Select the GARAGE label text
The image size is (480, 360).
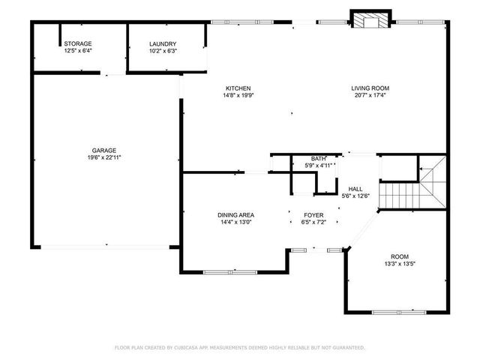pyautogui.click(x=104, y=151)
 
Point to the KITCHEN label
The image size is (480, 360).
pyautogui.click(x=236, y=88)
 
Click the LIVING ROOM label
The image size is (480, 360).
pyautogui.click(x=370, y=88)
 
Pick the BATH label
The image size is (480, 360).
pyautogui.click(x=319, y=158)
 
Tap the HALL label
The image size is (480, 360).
pyautogui.click(x=355, y=189)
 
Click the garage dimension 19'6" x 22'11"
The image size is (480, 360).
pyautogui.click(x=104, y=157)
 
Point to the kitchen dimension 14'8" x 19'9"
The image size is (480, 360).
pyautogui.click(x=236, y=95)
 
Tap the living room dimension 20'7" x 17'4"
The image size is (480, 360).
pyautogui.click(x=370, y=95)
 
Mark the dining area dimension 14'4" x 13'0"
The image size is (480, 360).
pyautogui.click(x=236, y=222)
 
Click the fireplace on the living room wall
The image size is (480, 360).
pyautogui.click(x=370, y=20)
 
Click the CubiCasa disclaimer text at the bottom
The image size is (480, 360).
pyautogui.click(x=239, y=347)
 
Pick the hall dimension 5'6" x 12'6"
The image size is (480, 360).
pyautogui.click(x=355, y=196)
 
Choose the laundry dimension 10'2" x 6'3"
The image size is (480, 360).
pyautogui.click(x=162, y=52)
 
